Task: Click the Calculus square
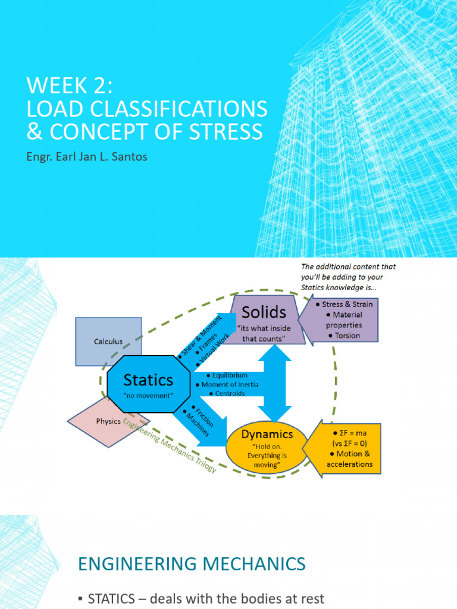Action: [x=108, y=341]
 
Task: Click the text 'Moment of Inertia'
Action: [x=230, y=384]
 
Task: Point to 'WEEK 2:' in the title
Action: [x=69, y=87]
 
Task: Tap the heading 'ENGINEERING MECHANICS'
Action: [x=192, y=563]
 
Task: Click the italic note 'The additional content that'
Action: [x=348, y=267]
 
